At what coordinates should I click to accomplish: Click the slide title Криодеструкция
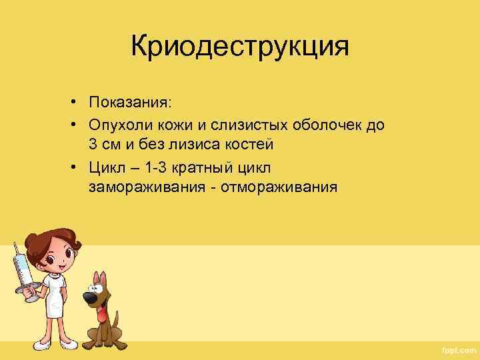coord(240,47)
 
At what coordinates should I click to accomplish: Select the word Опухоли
coord(121,125)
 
